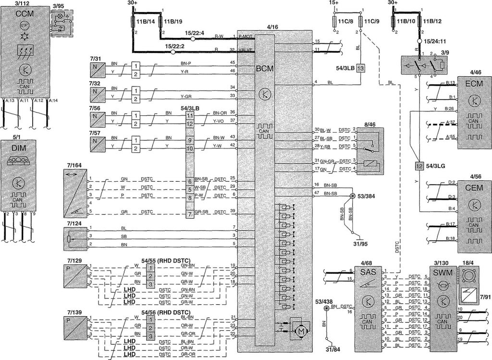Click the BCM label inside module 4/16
tap(265, 69)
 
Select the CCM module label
tap(24, 14)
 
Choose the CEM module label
tap(475, 188)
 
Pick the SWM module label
tap(441, 273)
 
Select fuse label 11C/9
tap(371, 22)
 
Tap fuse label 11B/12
tap(432, 22)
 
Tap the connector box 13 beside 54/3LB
tap(360, 68)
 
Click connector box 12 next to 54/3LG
tap(419, 166)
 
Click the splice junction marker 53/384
tap(352, 196)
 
